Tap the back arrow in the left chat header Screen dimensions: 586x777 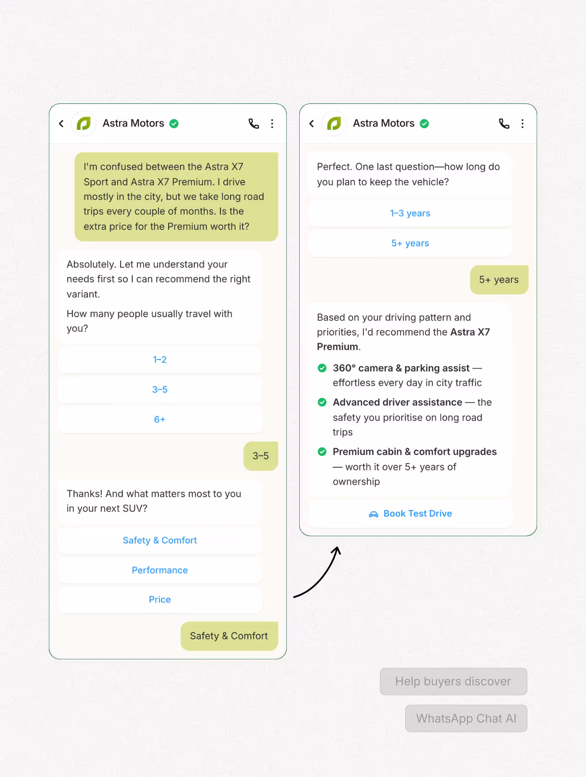61,123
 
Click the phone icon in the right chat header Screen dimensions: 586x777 504,123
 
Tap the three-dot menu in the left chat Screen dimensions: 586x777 272,123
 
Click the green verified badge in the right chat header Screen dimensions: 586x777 424,123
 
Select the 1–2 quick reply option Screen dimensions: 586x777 160,360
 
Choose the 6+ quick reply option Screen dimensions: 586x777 160,419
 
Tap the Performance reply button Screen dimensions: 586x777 160,570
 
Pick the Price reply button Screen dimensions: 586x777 160,600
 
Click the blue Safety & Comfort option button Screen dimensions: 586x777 160,541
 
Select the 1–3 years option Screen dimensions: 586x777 410,213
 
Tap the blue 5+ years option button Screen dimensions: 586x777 410,243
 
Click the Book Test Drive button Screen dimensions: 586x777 410,513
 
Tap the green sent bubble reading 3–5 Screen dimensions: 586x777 260,456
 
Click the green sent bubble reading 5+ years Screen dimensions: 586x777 499,280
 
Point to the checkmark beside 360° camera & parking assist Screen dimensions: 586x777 322,368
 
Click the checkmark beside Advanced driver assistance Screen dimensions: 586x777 322,402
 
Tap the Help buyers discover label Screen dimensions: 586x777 453,682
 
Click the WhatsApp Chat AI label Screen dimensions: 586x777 466,718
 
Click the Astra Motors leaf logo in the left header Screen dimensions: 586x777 84,123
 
